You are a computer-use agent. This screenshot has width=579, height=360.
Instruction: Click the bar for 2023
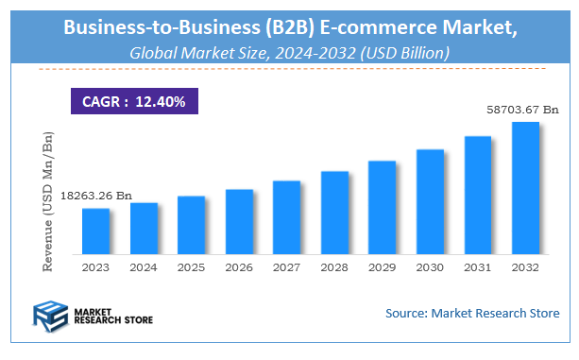[x=95, y=231]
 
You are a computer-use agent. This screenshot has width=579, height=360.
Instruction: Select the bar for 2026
[x=239, y=222]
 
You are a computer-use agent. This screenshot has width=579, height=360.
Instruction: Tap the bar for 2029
[x=382, y=208]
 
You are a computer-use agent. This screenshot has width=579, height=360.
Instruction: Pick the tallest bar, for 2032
[x=525, y=188]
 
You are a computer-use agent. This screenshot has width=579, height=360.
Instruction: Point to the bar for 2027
[x=286, y=217]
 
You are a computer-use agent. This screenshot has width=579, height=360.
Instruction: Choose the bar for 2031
[x=477, y=196]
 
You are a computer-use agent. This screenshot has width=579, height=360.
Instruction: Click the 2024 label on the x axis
[x=144, y=267]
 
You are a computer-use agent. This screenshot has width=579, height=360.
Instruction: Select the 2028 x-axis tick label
[x=334, y=267]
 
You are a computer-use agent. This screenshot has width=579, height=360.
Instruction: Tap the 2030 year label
[x=430, y=267]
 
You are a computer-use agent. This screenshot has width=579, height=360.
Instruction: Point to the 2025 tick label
[x=191, y=267]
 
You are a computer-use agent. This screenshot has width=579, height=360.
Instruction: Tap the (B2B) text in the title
[x=280, y=26]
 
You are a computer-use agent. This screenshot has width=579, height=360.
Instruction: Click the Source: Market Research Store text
[x=472, y=313]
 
